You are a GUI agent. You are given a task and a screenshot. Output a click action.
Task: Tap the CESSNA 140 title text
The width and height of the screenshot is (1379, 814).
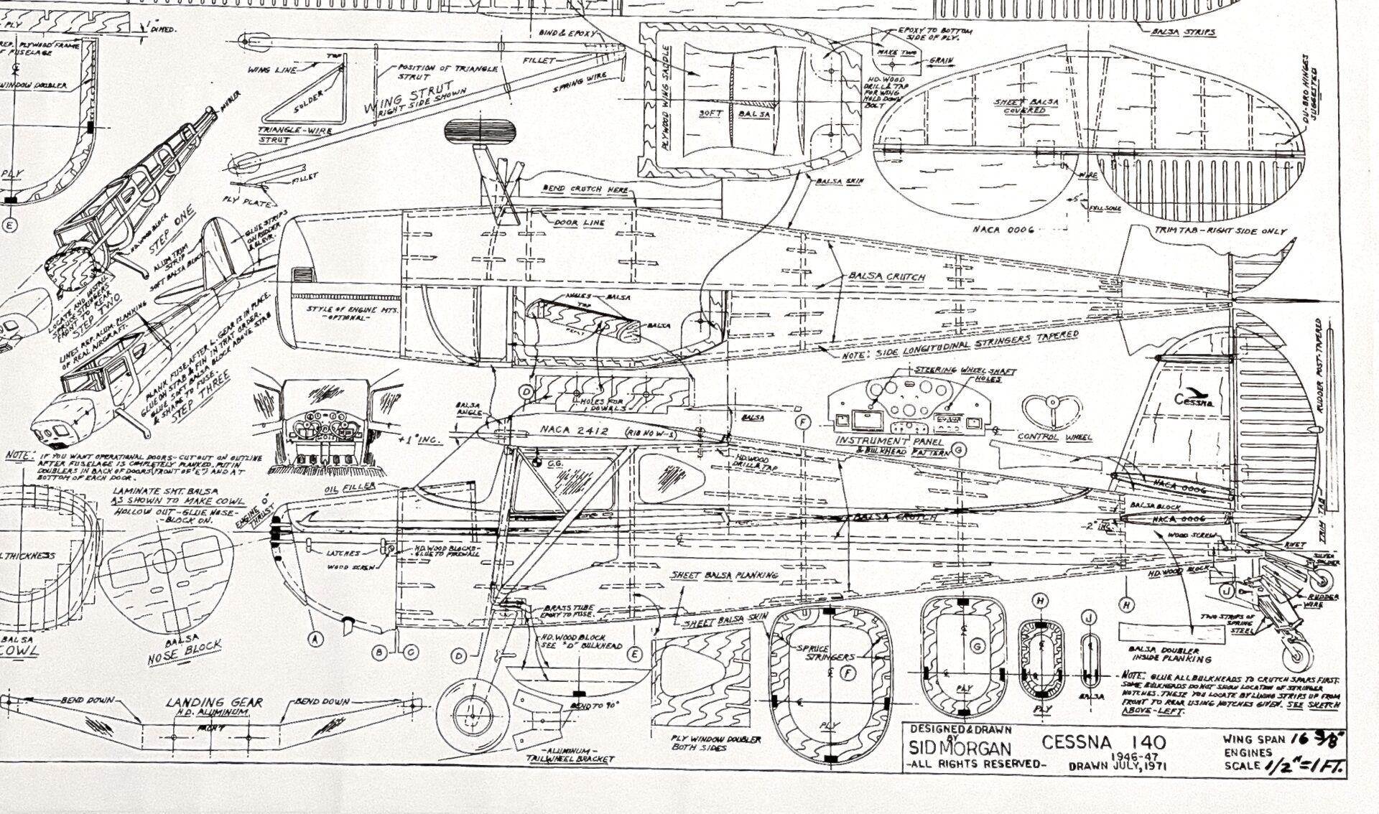click(1104, 742)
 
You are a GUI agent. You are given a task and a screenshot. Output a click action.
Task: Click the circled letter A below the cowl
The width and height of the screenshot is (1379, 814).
click(314, 636)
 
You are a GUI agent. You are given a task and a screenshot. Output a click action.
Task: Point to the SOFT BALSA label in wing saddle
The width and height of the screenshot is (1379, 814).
click(734, 113)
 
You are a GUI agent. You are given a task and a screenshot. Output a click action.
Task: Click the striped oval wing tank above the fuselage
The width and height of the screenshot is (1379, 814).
click(480, 131)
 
